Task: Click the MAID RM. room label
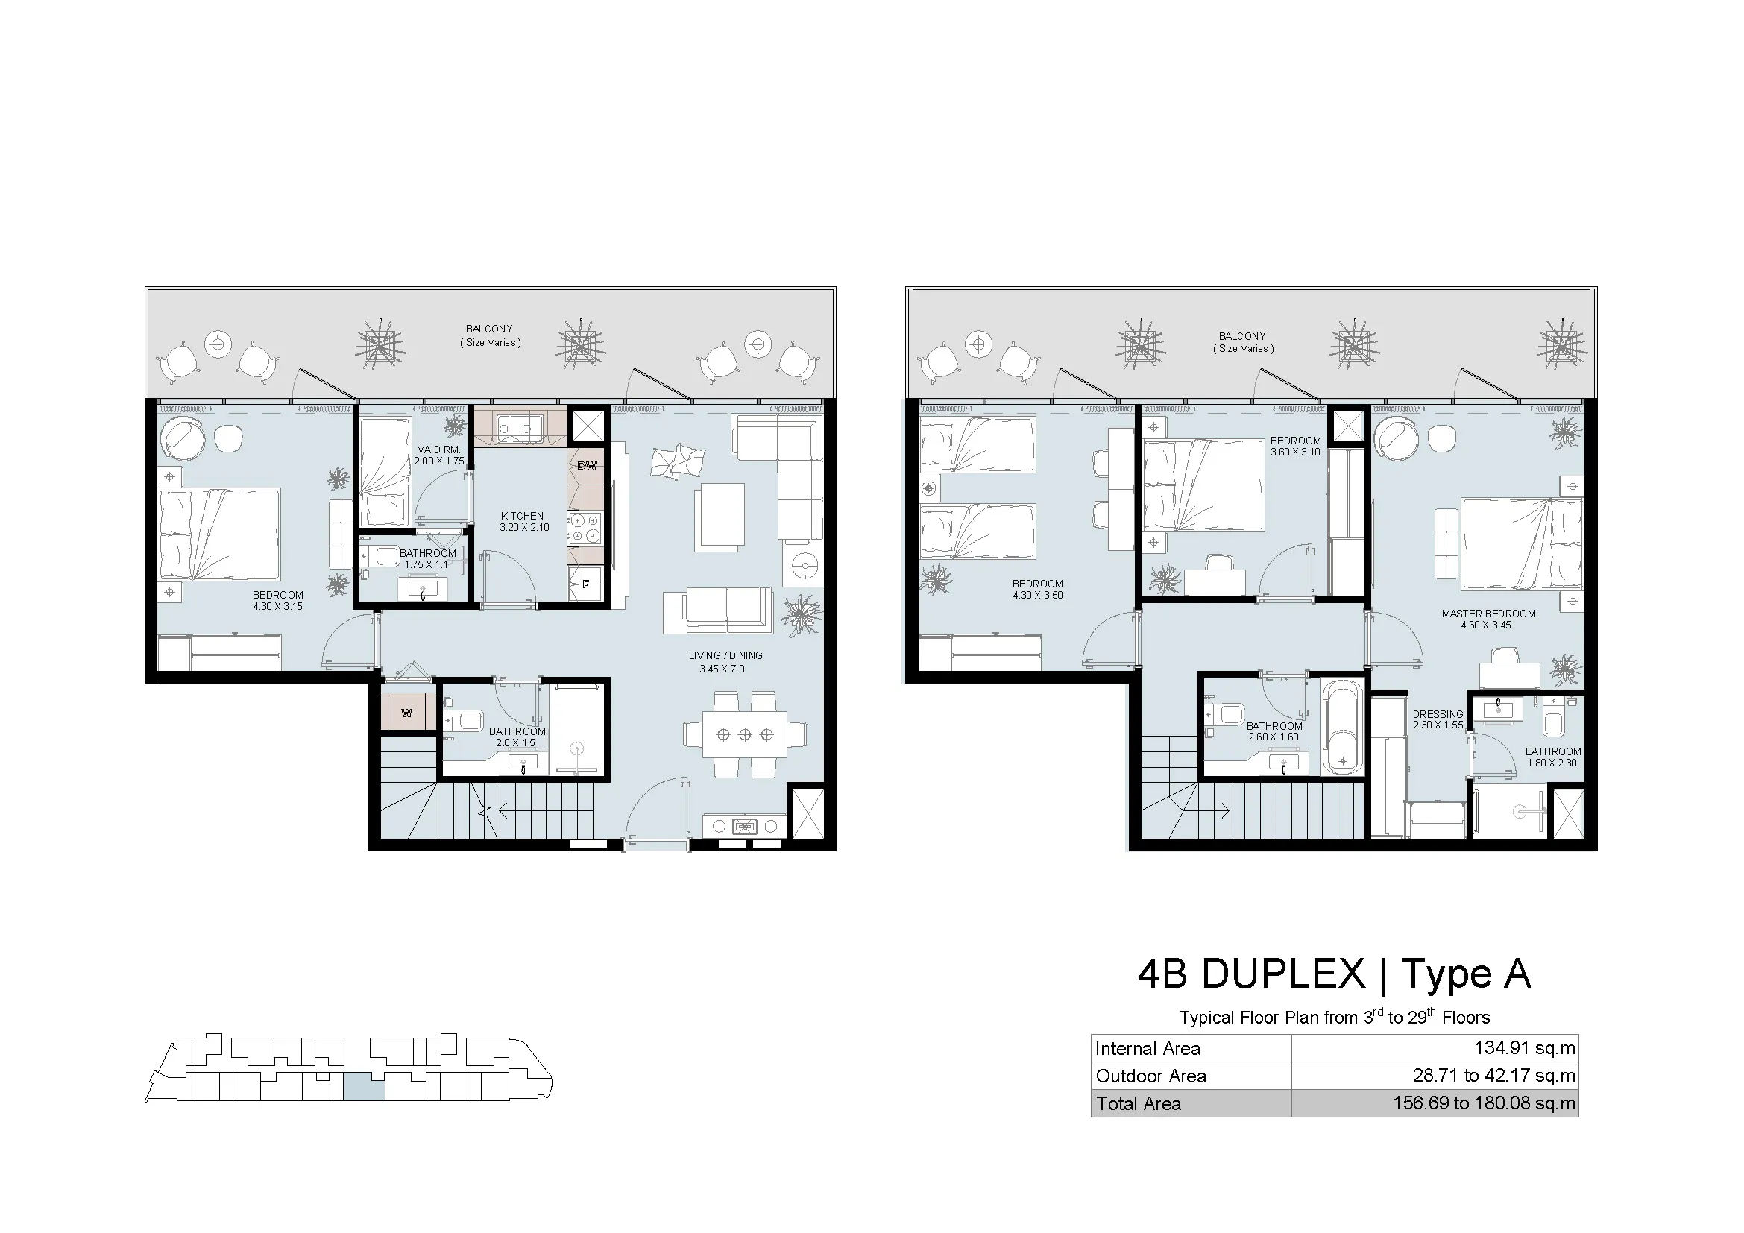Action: [438, 450]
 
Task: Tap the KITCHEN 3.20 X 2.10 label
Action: [523, 522]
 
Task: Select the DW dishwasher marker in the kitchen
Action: [586, 466]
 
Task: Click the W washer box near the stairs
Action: [407, 713]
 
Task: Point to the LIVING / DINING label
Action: [725, 655]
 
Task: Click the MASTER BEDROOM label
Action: [1489, 614]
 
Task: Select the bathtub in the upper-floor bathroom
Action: [1343, 728]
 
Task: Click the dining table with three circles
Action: [745, 734]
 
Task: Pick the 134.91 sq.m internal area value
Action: [1525, 1049]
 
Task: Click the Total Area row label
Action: [1138, 1104]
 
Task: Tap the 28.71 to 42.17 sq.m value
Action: [1493, 1076]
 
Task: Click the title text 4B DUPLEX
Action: [1250, 974]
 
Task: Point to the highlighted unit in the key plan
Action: [364, 1087]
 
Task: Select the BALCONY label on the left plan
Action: [489, 329]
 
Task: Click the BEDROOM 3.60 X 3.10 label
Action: [1296, 447]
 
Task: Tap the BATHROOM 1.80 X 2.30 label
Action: [1553, 757]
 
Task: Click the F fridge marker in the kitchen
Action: [585, 584]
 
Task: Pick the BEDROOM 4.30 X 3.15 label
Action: [278, 601]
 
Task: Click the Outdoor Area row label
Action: [1150, 1076]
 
